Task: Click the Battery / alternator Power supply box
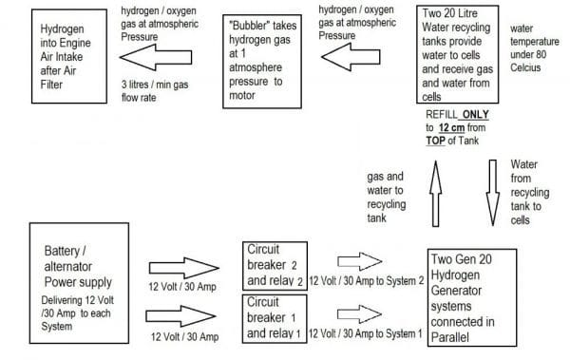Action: tap(79, 276)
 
